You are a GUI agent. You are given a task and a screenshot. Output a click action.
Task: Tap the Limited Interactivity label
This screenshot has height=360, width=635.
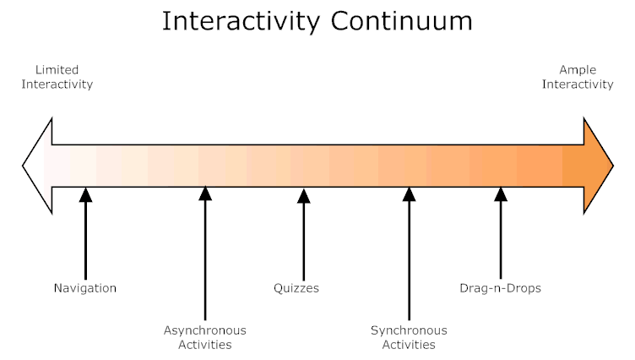tap(57, 77)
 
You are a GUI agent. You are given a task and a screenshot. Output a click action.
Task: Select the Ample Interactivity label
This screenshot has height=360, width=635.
tap(578, 77)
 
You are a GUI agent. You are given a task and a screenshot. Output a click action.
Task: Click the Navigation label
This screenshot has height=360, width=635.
tap(84, 288)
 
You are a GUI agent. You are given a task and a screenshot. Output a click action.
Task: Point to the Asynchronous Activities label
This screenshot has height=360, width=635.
tap(204, 337)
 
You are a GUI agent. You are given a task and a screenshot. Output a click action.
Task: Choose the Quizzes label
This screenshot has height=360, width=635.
tap(296, 288)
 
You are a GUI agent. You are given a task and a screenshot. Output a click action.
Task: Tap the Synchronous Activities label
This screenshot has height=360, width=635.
tap(409, 337)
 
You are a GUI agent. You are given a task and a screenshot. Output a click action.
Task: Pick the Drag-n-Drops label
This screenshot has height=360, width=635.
tap(500, 288)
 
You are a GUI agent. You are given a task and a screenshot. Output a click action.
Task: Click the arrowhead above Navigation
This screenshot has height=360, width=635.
tap(85, 194)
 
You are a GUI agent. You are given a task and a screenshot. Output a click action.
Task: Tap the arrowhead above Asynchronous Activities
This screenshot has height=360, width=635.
tap(204, 194)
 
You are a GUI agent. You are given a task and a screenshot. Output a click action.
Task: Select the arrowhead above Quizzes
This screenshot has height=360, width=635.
tap(304, 194)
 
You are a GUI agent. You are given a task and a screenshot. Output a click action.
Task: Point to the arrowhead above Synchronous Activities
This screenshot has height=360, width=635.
tap(409, 194)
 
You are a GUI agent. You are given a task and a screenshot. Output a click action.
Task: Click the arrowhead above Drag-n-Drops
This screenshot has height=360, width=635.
tap(500, 194)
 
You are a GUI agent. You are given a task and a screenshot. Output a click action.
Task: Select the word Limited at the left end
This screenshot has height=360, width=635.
tap(57, 70)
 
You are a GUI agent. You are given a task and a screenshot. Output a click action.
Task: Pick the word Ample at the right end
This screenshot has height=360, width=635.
tap(578, 70)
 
